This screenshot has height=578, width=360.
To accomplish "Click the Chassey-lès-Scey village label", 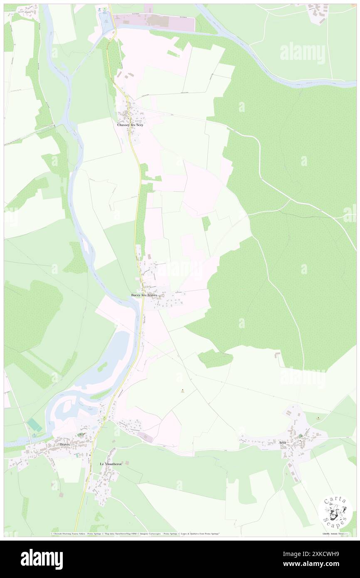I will click(x=130, y=125).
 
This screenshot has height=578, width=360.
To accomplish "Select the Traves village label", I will click(x=64, y=445).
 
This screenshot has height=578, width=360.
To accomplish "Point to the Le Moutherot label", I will click(x=110, y=463).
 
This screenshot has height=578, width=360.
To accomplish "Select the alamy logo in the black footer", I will click(x=42, y=559).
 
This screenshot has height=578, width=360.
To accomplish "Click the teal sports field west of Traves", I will click(x=35, y=425).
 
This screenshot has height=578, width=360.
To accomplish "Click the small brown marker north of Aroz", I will click(x=318, y=418).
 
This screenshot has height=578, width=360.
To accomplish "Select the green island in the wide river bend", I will click(x=102, y=367).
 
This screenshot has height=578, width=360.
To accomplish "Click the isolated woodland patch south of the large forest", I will click(x=215, y=358).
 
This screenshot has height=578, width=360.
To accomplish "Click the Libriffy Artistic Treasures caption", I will click(x=337, y=534).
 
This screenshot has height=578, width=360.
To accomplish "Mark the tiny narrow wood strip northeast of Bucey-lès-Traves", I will click(x=206, y=223).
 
